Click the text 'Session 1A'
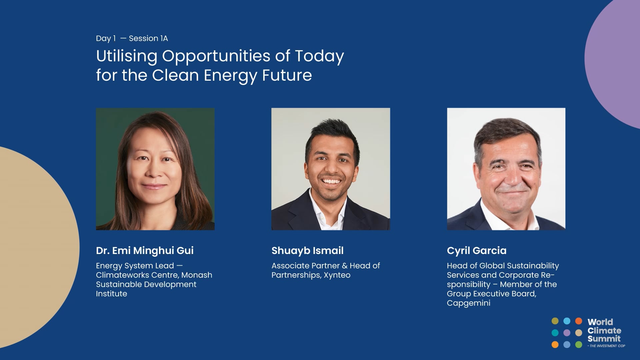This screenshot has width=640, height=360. tap(148, 38)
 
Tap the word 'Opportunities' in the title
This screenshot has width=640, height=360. tap(216, 56)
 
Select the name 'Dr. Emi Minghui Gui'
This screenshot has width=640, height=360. tap(145, 250)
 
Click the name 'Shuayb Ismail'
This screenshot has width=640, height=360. tap(307, 251)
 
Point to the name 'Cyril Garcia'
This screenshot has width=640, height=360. tap(476, 251)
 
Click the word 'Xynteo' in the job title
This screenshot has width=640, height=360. tap(337, 275)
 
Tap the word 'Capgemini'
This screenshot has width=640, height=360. tap(468, 303)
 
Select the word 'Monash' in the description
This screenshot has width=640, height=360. tap(197, 275)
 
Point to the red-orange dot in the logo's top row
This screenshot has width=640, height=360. tap(579, 321)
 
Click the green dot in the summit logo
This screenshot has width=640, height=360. tap(579, 344)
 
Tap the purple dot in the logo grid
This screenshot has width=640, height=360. tap(567, 333)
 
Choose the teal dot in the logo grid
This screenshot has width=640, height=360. tap(555, 333)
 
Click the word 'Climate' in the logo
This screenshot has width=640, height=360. tap(604, 330)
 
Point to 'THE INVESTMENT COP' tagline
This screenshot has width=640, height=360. tap(606, 346)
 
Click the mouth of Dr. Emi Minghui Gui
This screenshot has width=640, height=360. tap(154, 186)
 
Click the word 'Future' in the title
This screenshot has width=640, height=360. tap(287, 75)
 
